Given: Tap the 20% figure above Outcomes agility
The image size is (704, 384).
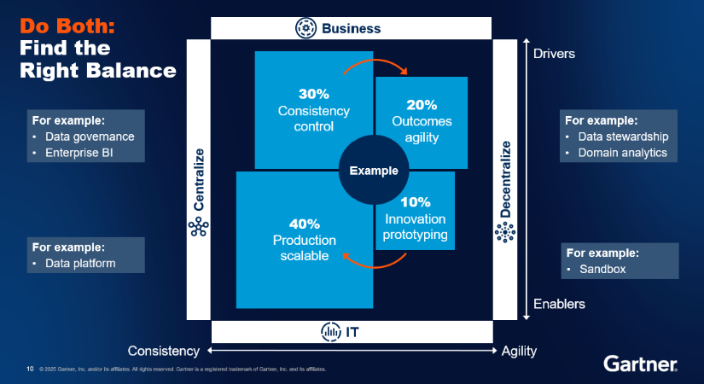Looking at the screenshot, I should point(422,105).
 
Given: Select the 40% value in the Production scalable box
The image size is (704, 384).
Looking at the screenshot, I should point(293,224).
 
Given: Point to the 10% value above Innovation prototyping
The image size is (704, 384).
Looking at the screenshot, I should point(415,202).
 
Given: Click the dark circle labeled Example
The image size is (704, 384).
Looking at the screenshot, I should point(373,171).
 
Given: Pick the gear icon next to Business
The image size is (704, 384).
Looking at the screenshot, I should point(305,28).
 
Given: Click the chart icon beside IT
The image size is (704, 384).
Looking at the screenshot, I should point(330,331).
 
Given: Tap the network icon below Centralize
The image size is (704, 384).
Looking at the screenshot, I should point(198,226).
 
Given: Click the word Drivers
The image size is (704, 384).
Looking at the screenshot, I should point(555,54).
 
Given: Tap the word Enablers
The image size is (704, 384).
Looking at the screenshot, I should point(559,304).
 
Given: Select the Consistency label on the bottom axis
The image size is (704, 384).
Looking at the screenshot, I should point(164,351).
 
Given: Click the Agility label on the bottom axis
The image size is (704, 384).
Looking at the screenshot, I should point(519,351).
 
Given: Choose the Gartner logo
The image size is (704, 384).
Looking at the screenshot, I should point(640,364).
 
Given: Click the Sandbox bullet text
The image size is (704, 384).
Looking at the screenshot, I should point(602,269).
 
